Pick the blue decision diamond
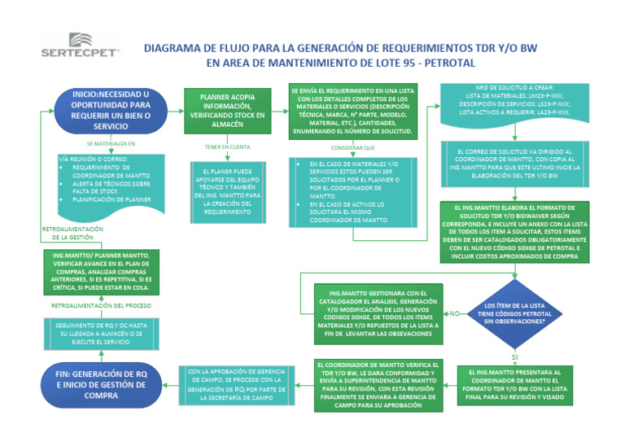(x=514, y=312)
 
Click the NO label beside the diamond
(x=455, y=313)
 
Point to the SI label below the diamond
(x=514, y=357)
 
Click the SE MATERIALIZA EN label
(x=110, y=144)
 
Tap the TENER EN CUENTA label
(x=227, y=147)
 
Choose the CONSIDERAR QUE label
(x=352, y=148)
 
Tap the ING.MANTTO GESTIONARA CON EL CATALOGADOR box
(x=378, y=313)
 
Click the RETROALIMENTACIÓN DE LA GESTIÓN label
(x=72, y=234)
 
